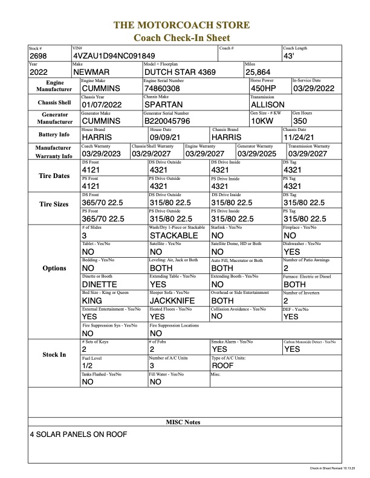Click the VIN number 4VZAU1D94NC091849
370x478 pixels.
(x=112, y=56)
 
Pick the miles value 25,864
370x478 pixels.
(x=258, y=72)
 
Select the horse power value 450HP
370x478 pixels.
(x=264, y=88)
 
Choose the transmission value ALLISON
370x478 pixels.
(x=267, y=104)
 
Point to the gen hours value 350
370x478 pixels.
(x=301, y=121)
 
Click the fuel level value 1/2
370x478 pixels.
(x=88, y=365)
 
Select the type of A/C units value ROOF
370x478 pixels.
(x=222, y=365)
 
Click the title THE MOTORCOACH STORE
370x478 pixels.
(x=184, y=26)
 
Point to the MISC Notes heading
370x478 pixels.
(x=183, y=422)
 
